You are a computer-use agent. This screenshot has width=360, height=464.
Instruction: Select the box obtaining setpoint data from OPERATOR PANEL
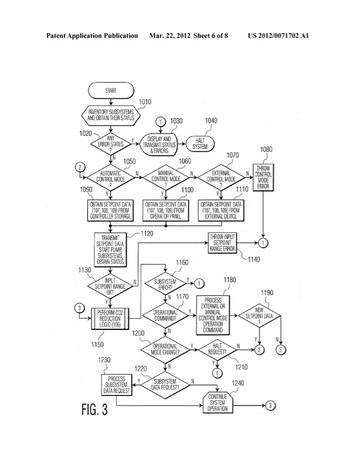pyautogui.click(x=165, y=211)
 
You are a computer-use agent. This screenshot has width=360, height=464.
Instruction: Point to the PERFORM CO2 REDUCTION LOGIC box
pyautogui.click(x=111, y=320)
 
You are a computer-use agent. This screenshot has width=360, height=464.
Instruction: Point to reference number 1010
pyautogui.click(x=144, y=101)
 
